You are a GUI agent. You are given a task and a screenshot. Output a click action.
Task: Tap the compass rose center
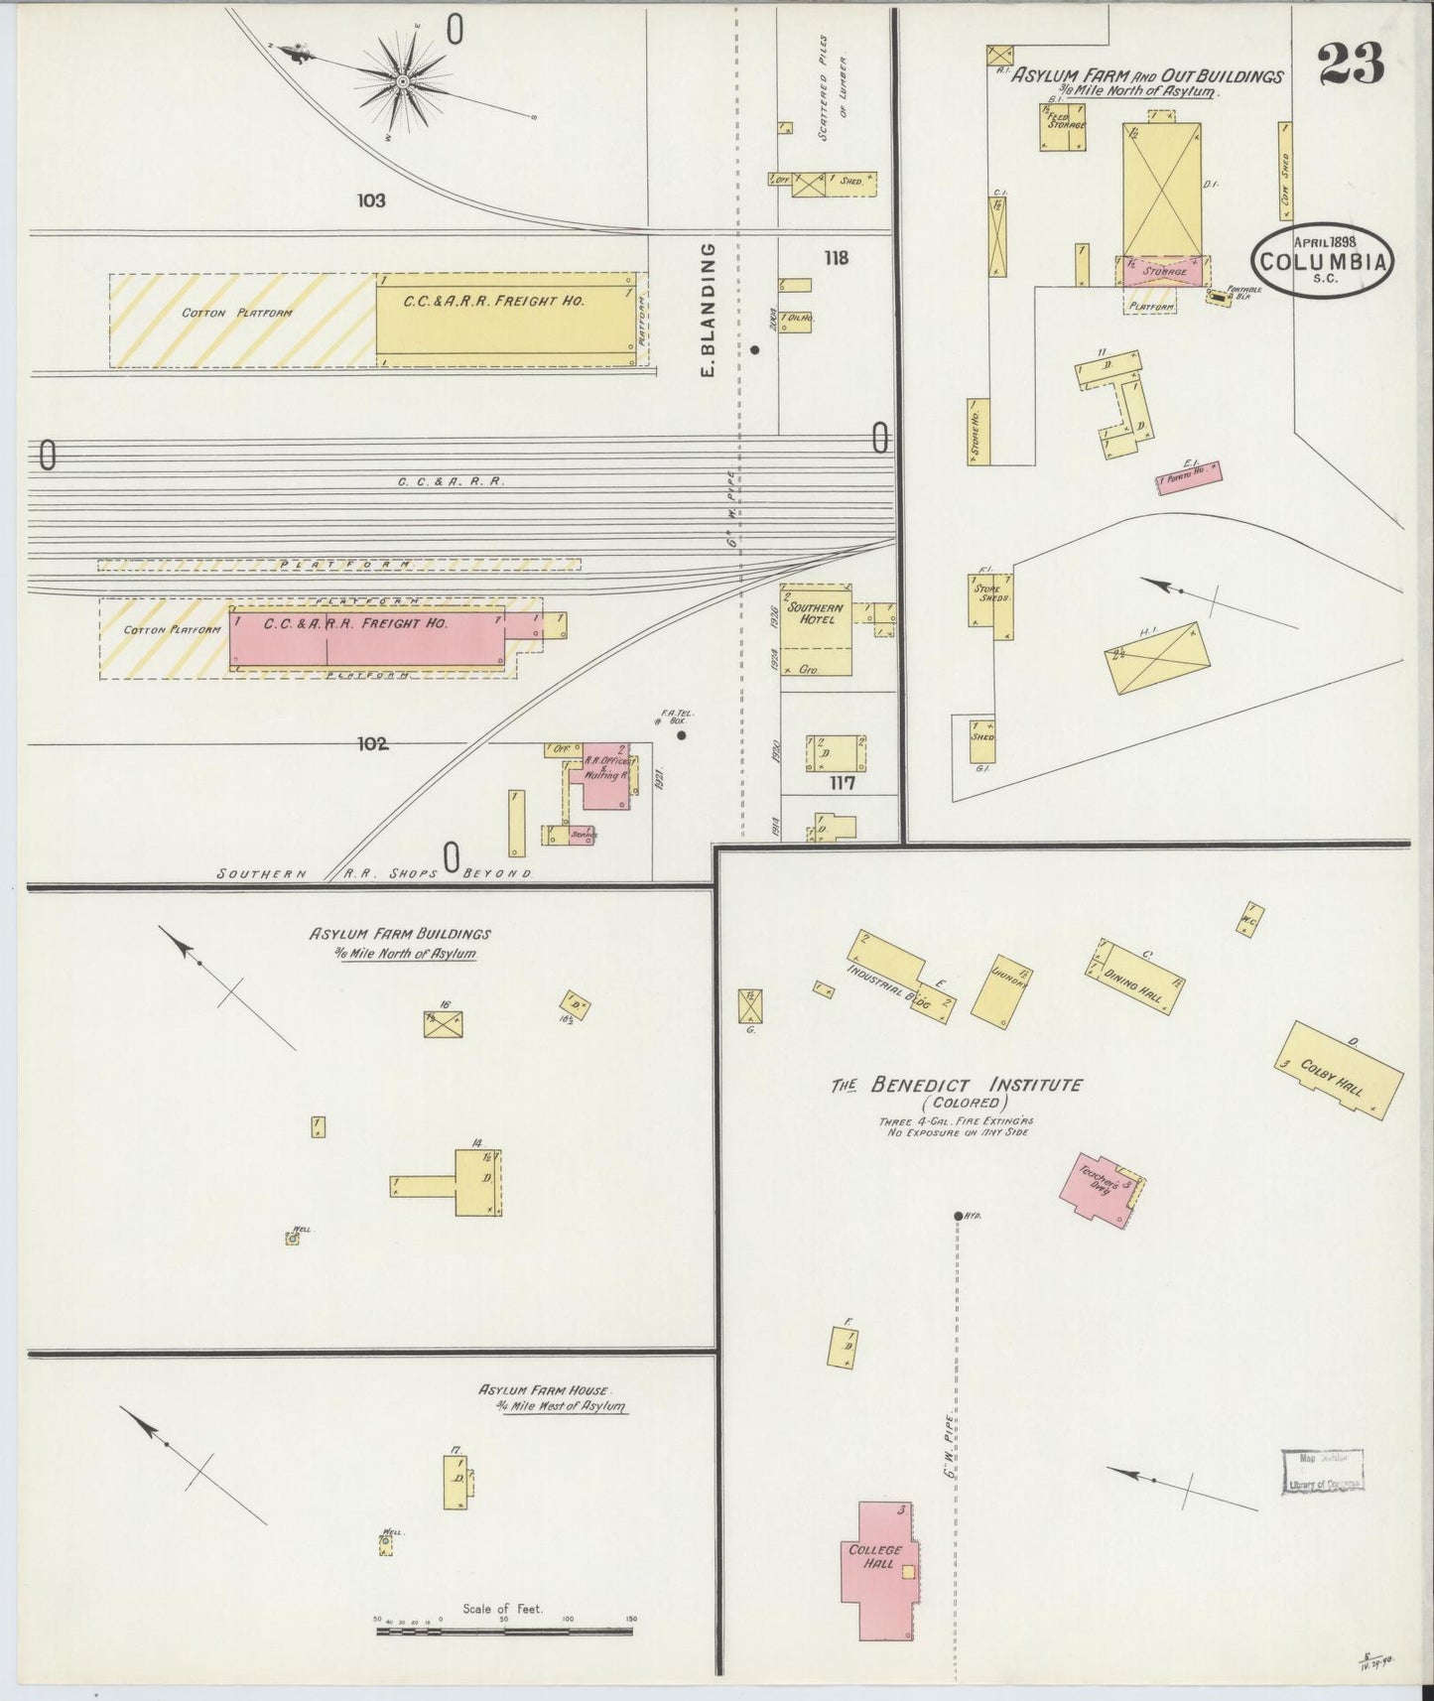[403, 80]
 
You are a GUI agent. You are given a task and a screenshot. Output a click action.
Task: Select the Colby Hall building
[1339, 1071]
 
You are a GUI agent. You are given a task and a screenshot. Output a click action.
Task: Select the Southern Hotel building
[815, 630]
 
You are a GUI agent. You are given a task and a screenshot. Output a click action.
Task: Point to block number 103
[371, 200]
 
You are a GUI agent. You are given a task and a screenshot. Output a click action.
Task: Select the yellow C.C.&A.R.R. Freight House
[505, 314]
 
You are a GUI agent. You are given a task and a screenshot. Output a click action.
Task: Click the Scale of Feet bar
[504, 1630]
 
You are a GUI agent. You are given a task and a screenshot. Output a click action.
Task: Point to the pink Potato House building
[1189, 477]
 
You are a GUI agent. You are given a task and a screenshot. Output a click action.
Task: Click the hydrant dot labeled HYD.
[959, 1216]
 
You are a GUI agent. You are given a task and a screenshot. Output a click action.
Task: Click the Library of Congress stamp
[1322, 1471]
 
